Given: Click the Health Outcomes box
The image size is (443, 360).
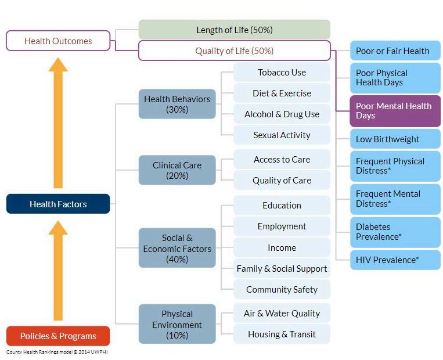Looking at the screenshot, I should (x=58, y=41).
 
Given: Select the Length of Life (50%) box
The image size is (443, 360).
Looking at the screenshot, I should (x=234, y=30).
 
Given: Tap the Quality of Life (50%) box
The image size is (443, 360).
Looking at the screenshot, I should (x=234, y=51).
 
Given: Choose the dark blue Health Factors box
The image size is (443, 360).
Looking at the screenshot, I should (x=58, y=204).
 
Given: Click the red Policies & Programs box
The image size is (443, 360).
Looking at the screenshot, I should (x=58, y=336).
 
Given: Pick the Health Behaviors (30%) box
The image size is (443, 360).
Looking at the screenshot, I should (x=177, y=104).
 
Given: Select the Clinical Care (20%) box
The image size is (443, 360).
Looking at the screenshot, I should (x=177, y=170).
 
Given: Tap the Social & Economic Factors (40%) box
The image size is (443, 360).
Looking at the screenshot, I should (x=177, y=248).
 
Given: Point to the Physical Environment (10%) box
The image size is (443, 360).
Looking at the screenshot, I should (x=177, y=324).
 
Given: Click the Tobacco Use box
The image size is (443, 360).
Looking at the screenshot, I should (x=282, y=72).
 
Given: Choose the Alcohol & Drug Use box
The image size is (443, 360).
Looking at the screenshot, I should (x=282, y=114).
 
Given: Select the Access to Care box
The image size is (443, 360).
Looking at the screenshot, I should (x=282, y=159).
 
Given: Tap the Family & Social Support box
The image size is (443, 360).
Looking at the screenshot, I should (x=282, y=268).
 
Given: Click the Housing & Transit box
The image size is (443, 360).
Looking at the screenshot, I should (x=282, y=334).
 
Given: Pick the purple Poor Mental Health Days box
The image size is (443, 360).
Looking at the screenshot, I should (x=395, y=110).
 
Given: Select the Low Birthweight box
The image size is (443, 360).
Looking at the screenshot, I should (x=395, y=139).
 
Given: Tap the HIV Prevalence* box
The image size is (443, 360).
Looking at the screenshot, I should (x=395, y=260).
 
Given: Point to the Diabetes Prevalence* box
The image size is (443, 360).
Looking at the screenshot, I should (x=395, y=232).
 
